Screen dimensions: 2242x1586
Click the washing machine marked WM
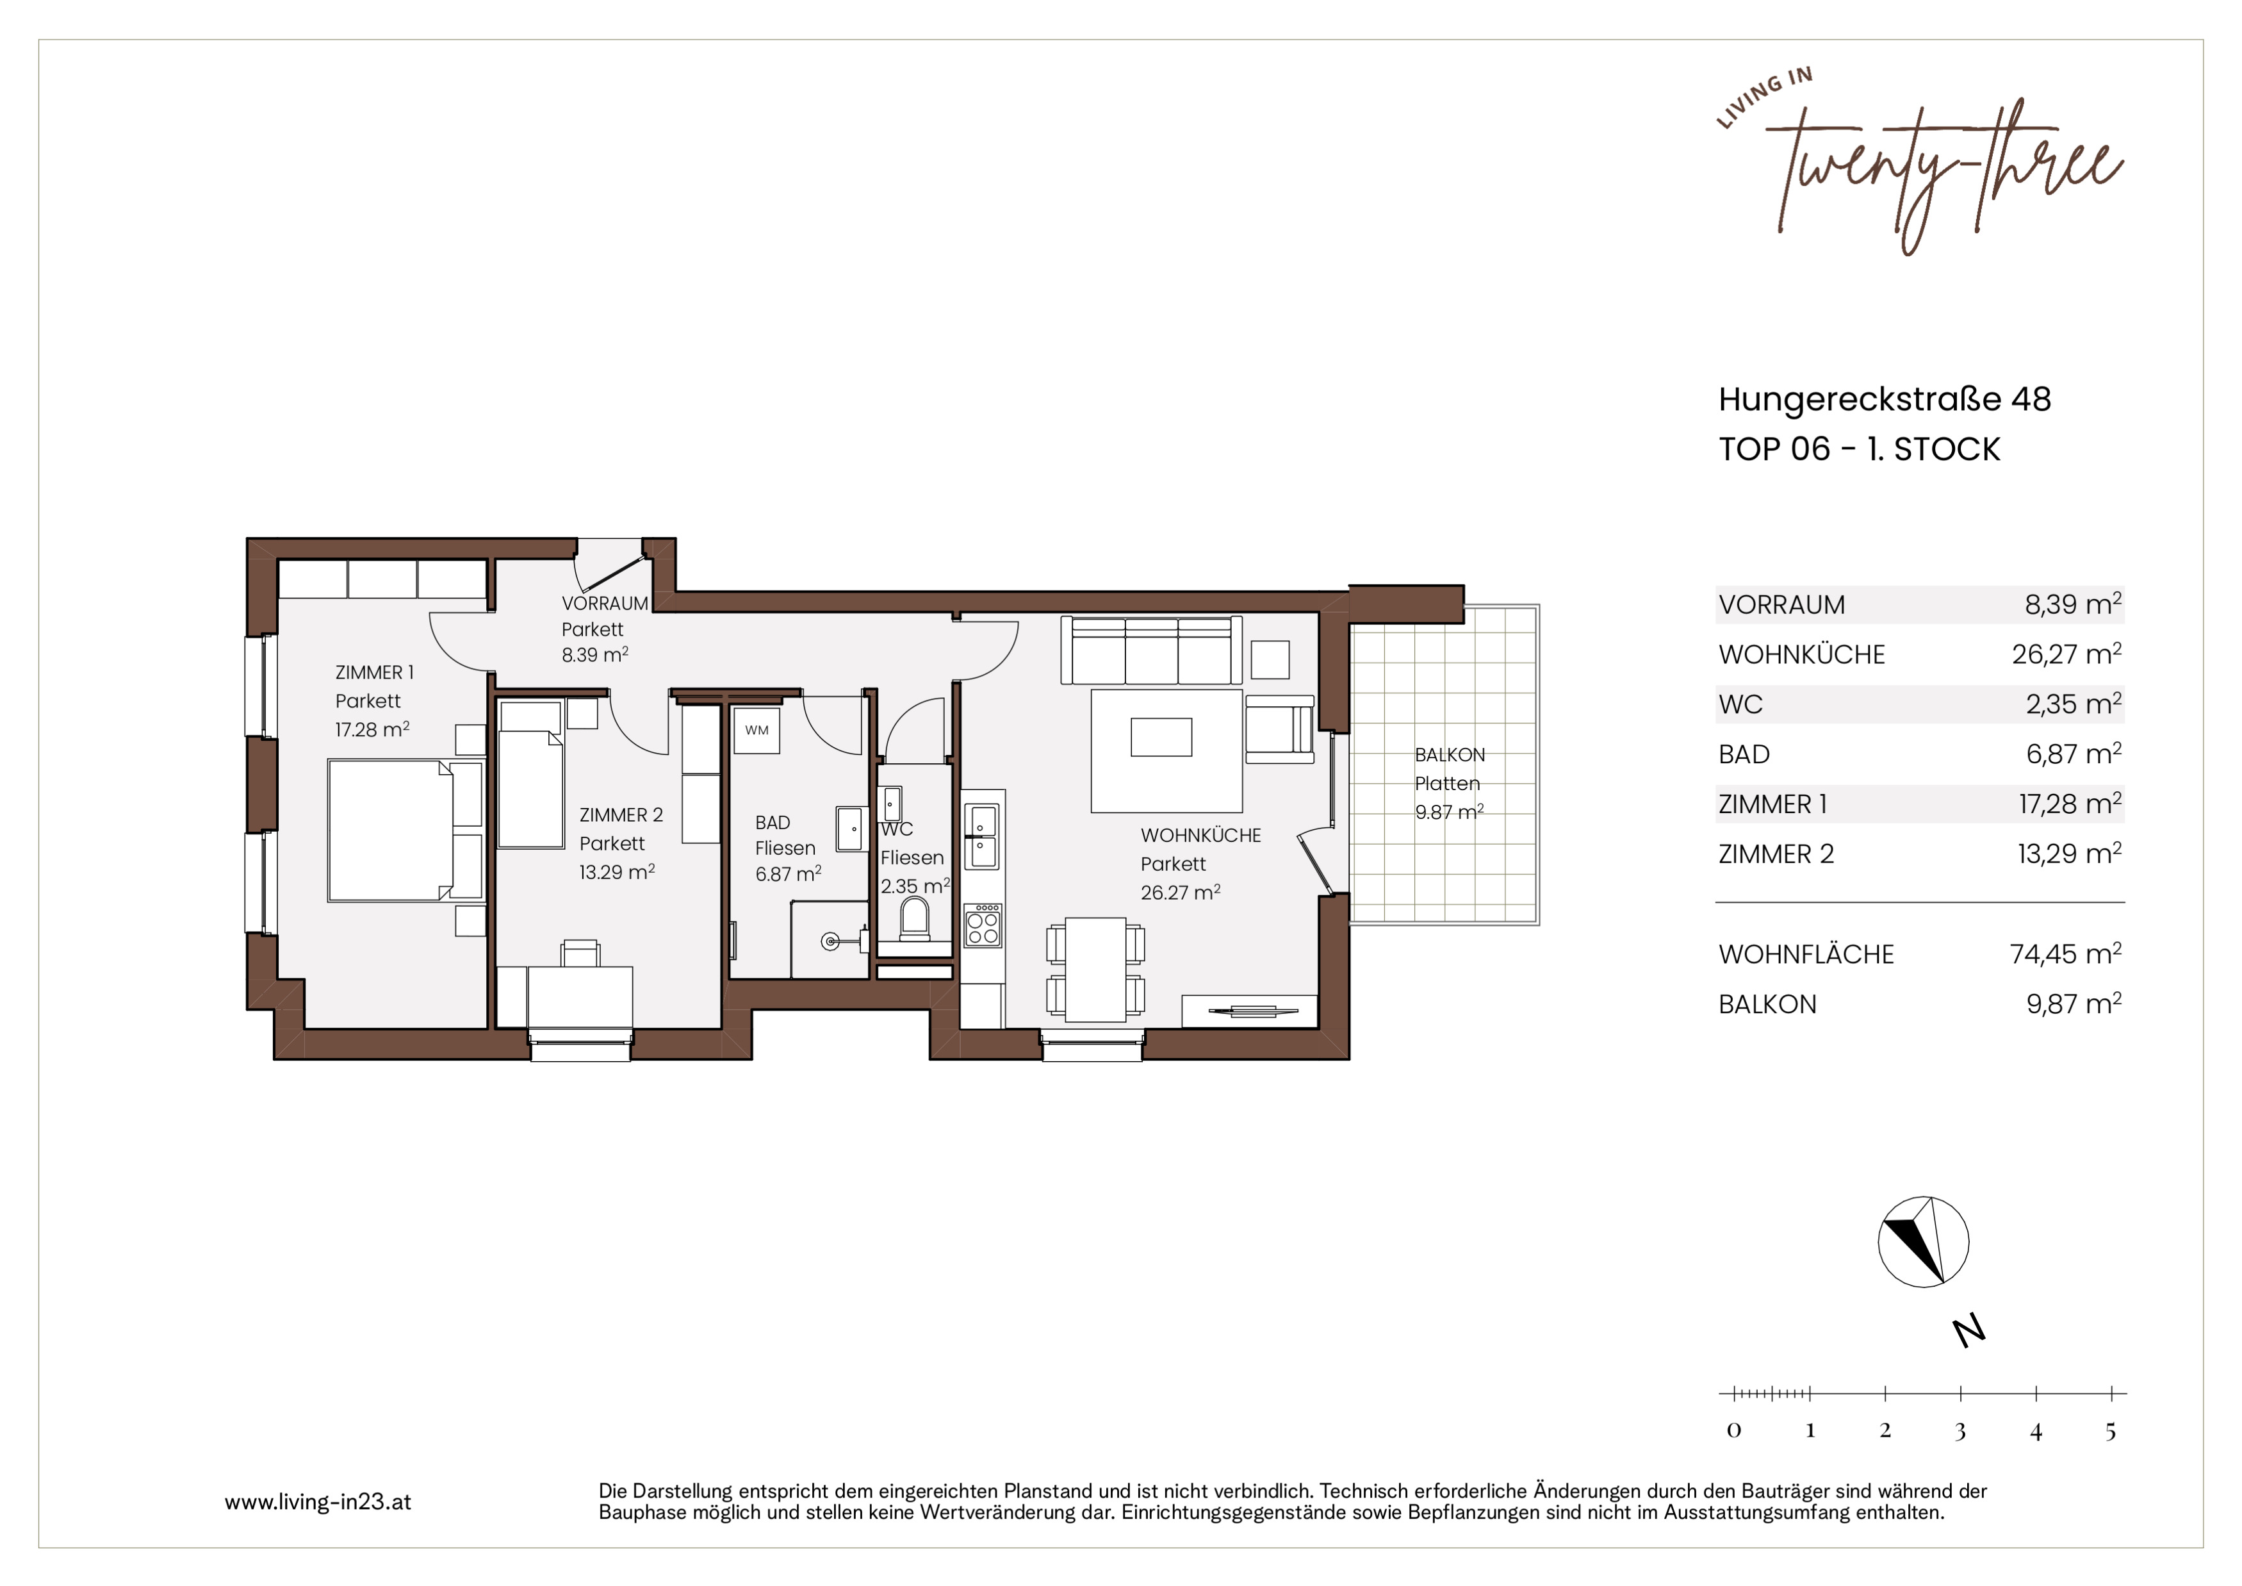click(x=757, y=729)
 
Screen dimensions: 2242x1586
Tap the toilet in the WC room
click(x=914, y=917)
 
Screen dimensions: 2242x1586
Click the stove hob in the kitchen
click(x=983, y=925)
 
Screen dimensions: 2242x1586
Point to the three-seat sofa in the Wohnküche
click(x=1151, y=649)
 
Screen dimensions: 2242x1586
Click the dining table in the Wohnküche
click(x=1095, y=969)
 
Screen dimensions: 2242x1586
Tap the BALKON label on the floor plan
click(x=1450, y=755)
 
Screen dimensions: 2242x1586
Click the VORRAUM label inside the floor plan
click(x=605, y=604)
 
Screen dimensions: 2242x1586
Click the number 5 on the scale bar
click(x=2110, y=1432)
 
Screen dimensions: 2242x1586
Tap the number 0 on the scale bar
click(x=1734, y=1431)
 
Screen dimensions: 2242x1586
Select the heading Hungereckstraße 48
click(x=1885, y=399)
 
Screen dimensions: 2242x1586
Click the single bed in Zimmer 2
click(x=531, y=775)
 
